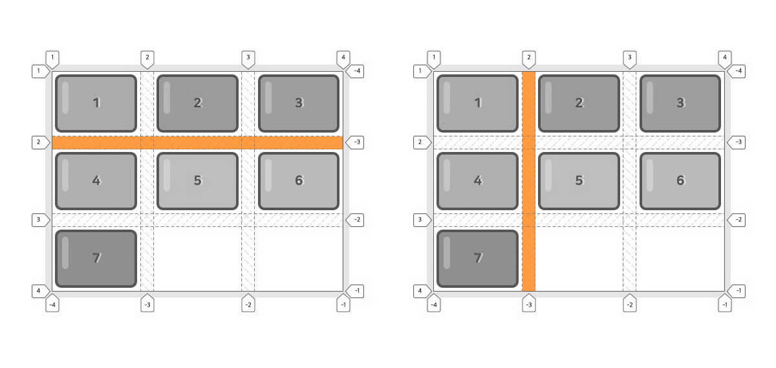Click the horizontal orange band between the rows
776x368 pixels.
click(x=197, y=142)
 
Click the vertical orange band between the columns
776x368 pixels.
click(x=528, y=181)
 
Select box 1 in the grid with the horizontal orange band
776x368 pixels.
click(x=96, y=103)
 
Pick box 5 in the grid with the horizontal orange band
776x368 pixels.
click(x=197, y=181)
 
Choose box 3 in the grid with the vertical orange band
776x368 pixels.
click(x=680, y=103)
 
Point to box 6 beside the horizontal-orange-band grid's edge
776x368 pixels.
click(x=299, y=181)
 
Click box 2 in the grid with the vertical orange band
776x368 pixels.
click(x=579, y=103)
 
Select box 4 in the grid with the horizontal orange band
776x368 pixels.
click(x=96, y=181)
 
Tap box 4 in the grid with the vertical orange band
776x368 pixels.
click(x=478, y=181)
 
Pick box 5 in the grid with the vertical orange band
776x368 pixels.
click(x=579, y=181)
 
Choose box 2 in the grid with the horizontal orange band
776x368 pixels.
click(x=197, y=103)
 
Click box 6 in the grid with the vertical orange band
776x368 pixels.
click(x=680, y=181)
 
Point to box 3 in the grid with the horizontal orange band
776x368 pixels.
click(x=299, y=103)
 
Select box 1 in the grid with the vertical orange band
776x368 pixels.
click(x=478, y=103)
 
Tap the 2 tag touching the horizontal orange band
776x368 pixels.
click(x=40, y=142)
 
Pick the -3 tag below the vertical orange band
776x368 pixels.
click(x=528, y=304)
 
